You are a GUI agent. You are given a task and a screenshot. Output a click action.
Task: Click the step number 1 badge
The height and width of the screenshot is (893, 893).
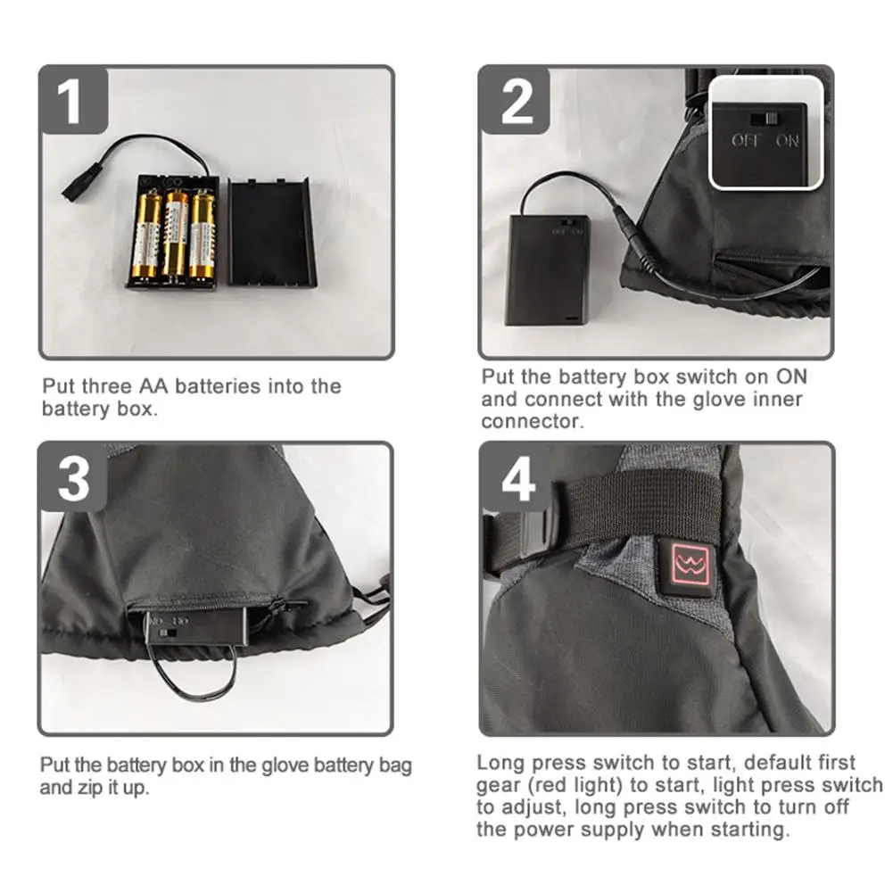73,100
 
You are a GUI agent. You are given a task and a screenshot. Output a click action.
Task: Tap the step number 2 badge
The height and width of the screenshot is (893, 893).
514,100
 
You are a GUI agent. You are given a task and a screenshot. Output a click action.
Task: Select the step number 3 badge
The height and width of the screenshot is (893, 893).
72,477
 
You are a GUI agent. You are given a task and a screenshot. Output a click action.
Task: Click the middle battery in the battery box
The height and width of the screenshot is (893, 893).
175,234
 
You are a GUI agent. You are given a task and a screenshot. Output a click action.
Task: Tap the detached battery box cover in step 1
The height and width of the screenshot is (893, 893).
272,231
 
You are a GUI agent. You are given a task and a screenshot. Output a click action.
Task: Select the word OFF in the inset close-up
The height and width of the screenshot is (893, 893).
746,140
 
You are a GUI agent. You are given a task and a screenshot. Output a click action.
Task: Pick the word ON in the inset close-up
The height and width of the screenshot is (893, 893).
788,140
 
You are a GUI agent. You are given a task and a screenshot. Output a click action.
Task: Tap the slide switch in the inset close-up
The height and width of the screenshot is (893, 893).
765,119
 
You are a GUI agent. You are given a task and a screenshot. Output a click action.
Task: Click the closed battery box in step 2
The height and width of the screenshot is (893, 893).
547,269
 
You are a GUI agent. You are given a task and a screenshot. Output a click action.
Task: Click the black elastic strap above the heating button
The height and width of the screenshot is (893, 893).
643,507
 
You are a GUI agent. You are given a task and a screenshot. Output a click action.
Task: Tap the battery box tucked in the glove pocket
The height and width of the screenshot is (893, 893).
196,626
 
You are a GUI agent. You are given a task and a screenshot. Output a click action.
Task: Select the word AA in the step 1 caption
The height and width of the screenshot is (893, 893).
153,386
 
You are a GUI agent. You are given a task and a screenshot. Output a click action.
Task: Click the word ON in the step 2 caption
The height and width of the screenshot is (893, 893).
791,376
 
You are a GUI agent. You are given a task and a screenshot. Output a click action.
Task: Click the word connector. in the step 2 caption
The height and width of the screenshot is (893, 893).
533,421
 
